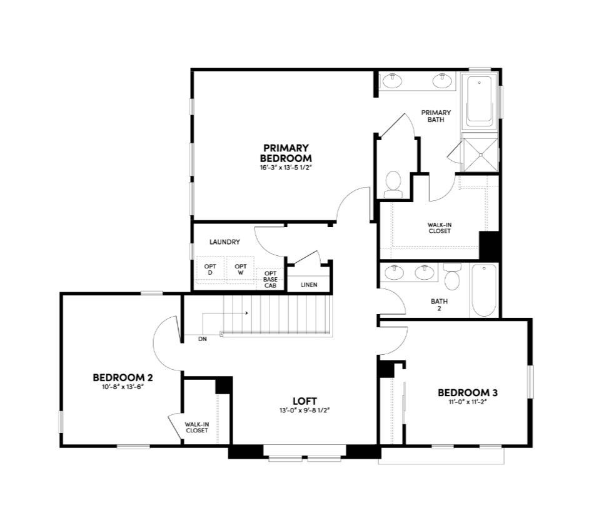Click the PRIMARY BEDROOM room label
coord(286,153)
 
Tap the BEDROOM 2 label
coord(123,377)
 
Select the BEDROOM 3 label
coord(467,392)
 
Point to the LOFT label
coord(305,400)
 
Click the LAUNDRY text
coord(225,242)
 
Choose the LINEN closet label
coord(309,285)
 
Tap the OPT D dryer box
coord(210,270)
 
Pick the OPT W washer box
coord(241,270)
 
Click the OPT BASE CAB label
coord(270,279)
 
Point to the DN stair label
coord(203,339)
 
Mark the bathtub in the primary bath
coord(480,100)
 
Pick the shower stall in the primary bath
coord(480,154)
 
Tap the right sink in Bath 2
coord(425,272)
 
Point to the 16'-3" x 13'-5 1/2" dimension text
coord(286,168)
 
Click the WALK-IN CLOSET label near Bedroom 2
coord(196,427)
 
